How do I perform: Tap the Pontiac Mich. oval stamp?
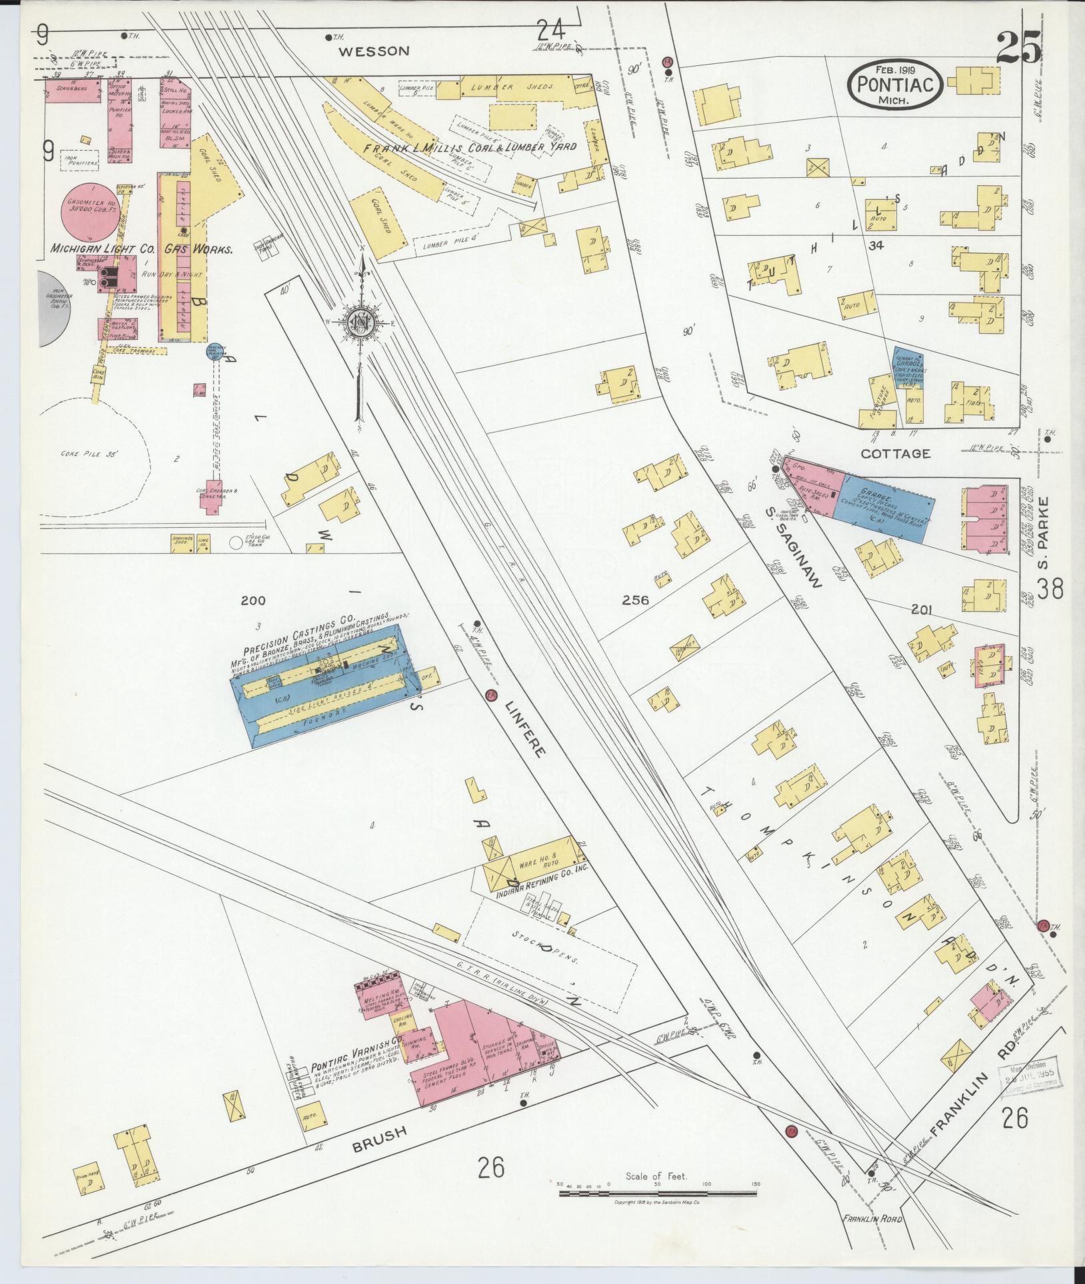pos(895,84)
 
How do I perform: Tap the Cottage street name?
pos(894,453)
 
